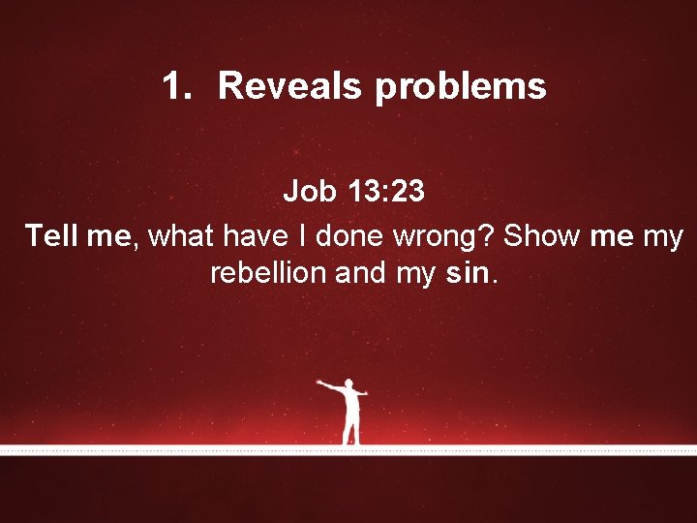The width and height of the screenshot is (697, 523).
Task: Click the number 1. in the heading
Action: click(x=178, y=87)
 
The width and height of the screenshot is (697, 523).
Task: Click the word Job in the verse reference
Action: click(x=307, y=193)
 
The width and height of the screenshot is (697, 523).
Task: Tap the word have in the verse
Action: click(x=250, y=235)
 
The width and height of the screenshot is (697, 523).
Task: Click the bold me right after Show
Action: click(x=611, y=235)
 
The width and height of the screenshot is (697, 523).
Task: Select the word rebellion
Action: click(x=268, y=274)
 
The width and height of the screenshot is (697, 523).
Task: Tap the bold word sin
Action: click(x=470, y=274)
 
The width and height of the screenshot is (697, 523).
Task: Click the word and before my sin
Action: click(x=359, y=274)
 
